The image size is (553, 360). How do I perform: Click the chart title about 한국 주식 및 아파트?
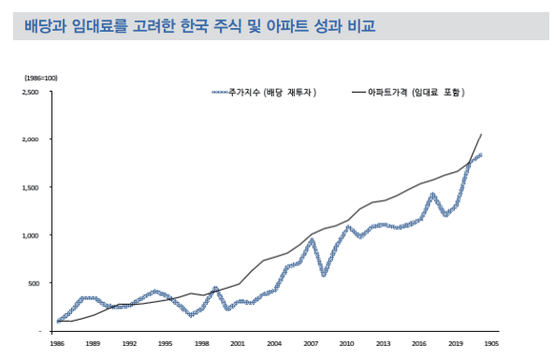(x=199, y=25)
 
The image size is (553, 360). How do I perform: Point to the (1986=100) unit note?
(x=40, y=77)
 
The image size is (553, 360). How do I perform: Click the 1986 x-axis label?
(x=58, y=343)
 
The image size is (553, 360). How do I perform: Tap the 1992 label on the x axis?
(x=129, y=343)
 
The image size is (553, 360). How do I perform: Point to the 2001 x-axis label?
(x=238, y=343)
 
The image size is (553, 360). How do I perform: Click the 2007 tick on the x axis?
(x=311, y=343)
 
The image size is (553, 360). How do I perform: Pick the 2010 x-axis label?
(x=347, y=343)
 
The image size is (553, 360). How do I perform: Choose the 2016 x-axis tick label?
(x=420, y=343)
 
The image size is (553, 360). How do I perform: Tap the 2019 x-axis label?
(x=457, y=343)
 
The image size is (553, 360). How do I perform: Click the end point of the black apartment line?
(x=481, y=135)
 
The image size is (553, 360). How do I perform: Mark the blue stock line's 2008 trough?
(x=324, y=275)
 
